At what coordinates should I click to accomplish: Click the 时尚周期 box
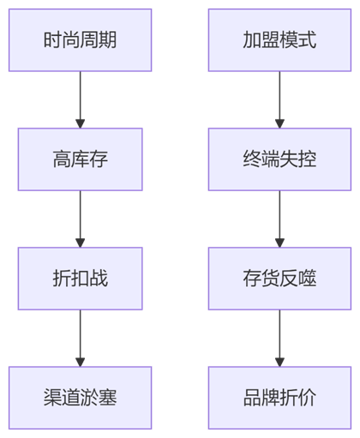tap(80, 40)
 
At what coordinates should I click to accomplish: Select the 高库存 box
tap(80, 159)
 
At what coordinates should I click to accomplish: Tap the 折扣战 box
tap(80, 279)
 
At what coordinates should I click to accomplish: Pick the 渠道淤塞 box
tap(80, 398)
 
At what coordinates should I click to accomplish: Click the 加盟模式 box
tap(279, 40)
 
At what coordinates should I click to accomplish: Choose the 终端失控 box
tap(279, 159)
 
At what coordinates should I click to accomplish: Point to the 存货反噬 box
tap(279, 279)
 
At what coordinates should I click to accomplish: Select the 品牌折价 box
tap(279, 398)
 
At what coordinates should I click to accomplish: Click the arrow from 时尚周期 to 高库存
tap(80, 99)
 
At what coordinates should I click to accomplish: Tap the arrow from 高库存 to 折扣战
tap(80, 219)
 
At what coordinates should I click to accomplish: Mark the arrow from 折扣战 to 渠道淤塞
tap(80, 338)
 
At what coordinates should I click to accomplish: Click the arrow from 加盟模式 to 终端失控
tap(279, 99)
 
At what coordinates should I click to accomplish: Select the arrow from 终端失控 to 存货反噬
tap(279, 219)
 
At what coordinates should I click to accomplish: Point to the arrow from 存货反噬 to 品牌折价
tap(279, 338)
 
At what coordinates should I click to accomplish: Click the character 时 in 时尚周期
tap(52, 39)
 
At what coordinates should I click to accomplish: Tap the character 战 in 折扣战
tap(99, 278)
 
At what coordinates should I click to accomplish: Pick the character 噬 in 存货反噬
tap(308, 278)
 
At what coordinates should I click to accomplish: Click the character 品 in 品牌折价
tap(252, 397)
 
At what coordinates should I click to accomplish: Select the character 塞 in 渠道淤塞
tap(108, 397)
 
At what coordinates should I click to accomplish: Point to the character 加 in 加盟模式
tap(252, 39)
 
